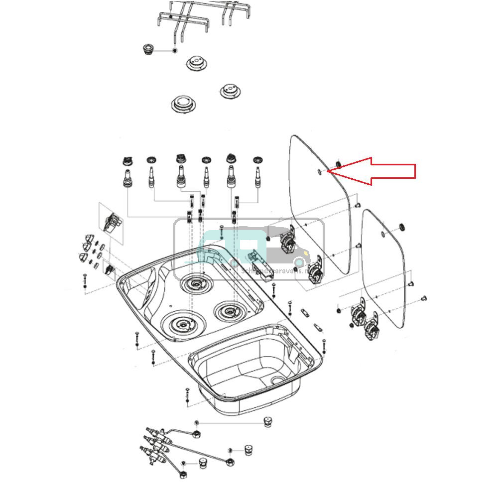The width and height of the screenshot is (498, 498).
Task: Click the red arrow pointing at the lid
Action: [x=378, y=171]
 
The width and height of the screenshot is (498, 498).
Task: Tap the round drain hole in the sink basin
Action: [x=275, y=380]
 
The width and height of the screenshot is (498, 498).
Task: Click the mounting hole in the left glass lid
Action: [x=319, y=172]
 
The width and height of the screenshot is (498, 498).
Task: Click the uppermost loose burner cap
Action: [x=196, y=63]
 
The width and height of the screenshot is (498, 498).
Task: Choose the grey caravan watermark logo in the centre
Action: [x=249, y=249]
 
